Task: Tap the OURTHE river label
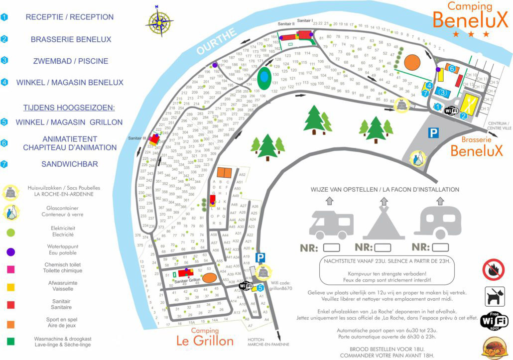[216, 42]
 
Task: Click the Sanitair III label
[137, 138]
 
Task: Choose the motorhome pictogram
[331, 224]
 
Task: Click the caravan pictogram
[438, 224]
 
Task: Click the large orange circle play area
[412, 63]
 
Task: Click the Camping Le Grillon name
[205, 337]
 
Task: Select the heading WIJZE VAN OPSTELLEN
[339, 189]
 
